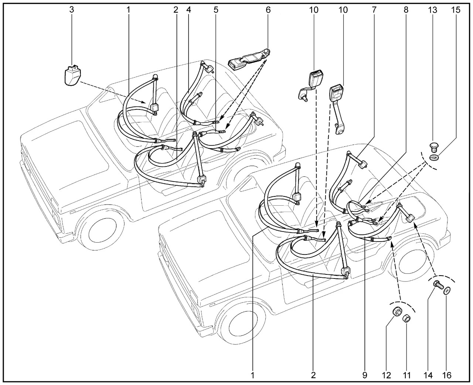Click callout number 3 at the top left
(71, 10)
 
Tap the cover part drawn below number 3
(71, 75)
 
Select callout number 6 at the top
(268, 10)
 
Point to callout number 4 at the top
(189, 10)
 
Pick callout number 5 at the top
(215, 10)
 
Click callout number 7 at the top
(374, 10)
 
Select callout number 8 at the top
(406, 10)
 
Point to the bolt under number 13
(435, 147)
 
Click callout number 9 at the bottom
(365, 375)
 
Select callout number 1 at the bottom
(253, 375)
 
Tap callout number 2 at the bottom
(313, 375)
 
